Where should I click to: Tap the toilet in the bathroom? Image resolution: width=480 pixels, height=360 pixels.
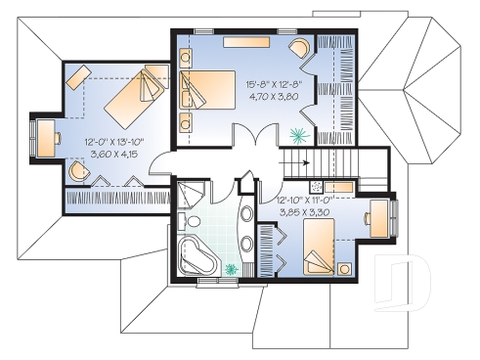[x=192, y=220]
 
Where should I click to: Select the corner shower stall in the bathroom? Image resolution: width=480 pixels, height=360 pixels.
[x=191, y=196]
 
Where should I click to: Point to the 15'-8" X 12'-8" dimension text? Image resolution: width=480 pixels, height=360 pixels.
[x=274, y=85]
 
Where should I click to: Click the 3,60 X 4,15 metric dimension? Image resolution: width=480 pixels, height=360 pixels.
[x=113, y=154]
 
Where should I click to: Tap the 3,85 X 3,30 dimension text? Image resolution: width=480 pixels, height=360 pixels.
[x=304, y=212]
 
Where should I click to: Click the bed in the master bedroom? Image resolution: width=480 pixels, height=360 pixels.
[x=207, y=90]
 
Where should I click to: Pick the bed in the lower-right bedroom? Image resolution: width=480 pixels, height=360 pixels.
[x=319, y=247]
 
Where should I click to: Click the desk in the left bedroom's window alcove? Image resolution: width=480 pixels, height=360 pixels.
[x=45, y=138]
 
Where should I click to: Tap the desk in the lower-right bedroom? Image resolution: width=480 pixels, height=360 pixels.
[x=379, y=218]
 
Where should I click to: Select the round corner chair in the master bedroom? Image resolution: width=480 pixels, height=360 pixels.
[x=299, y=48]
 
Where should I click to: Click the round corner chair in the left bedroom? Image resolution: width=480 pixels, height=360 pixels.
[x=79, y=170]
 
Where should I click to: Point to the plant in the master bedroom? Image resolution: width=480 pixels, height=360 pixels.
[x=298, y=135]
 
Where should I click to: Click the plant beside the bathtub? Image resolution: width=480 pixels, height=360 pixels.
[x=232, y=268]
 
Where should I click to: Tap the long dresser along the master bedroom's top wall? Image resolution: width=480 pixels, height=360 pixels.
[x=246, y=42]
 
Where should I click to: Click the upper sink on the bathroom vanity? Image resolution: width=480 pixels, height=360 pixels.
[x=247, y=213]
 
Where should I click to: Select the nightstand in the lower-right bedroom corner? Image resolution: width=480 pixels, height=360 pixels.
[x=344, y=268]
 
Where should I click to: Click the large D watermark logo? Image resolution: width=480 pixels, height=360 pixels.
[x=403, y=282]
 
